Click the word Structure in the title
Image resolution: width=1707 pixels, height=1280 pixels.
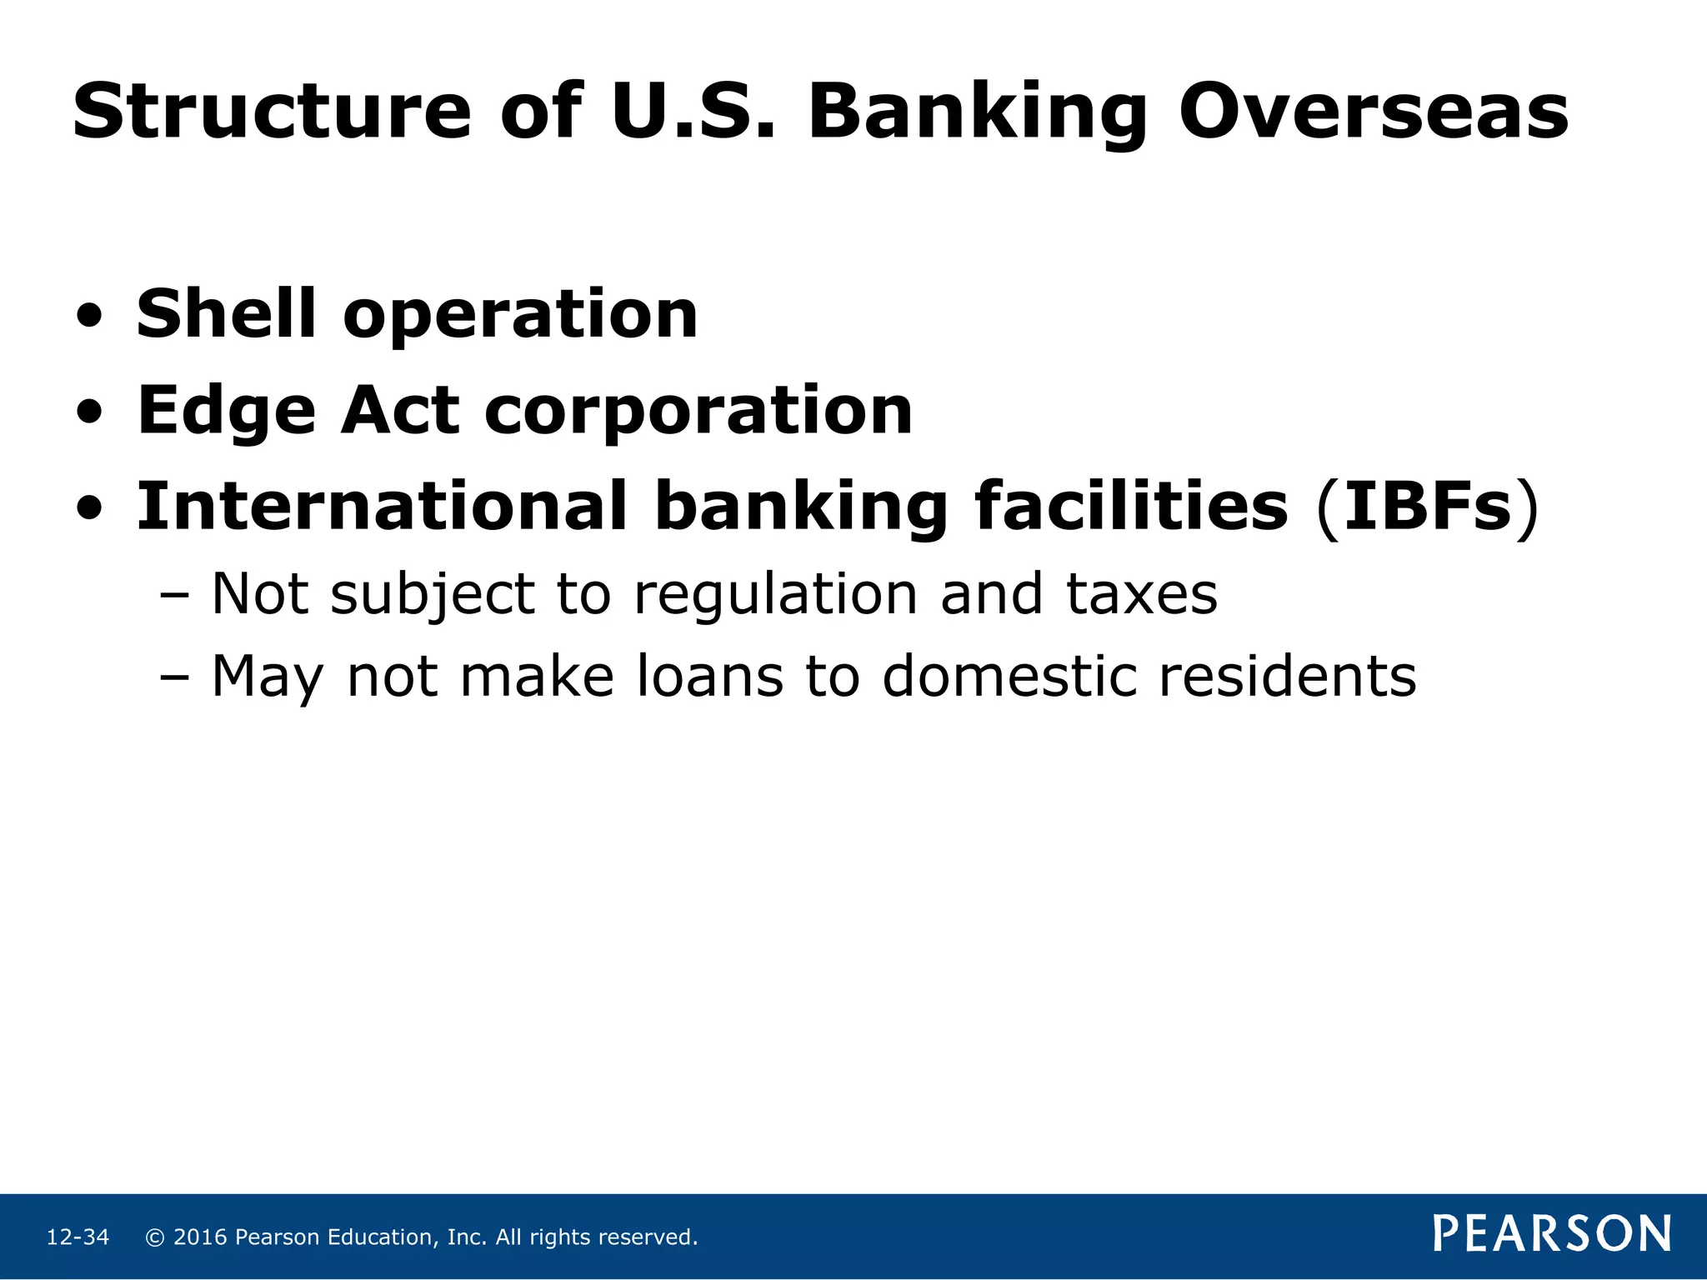pyautogui.click(x=272, y=112)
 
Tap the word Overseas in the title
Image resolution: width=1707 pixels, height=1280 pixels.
pyautogui.click(x=1373, y=112)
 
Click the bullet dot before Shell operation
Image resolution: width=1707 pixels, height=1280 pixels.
pyautogui.click(x=89, y=317)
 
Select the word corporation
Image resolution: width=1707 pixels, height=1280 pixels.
pyautogui.click(x=698, y=411)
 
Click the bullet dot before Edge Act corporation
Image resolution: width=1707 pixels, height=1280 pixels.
pyautogui.click(x=89, y=413)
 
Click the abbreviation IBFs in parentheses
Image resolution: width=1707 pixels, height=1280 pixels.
pyautogui.click(x=1428, y=507)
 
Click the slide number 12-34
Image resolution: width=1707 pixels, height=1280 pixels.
pyautogui.click(x=78, y=1237)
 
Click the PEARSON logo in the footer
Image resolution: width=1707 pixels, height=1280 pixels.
pyautogui.click(x=1552, y=1234)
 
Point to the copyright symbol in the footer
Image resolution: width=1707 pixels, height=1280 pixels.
pyautogui.click(x=154, y=1237)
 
